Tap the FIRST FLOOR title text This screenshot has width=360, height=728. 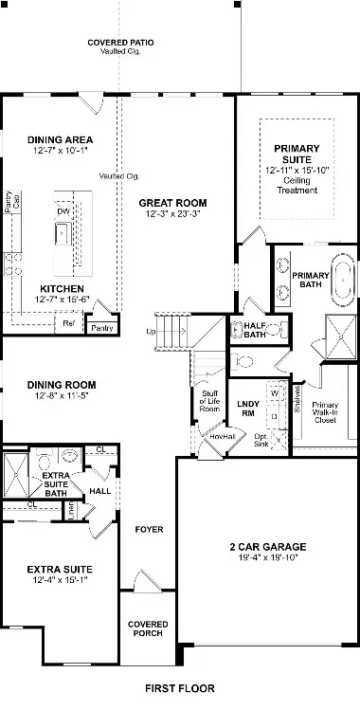pos(179,688)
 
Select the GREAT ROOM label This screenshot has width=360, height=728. pos(172,203)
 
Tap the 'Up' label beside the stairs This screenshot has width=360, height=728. pos(150,332)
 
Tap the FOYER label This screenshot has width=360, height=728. pos(148,529)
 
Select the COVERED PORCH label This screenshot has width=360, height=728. pos(148,628)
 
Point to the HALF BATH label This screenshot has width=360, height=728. pos(254,328)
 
